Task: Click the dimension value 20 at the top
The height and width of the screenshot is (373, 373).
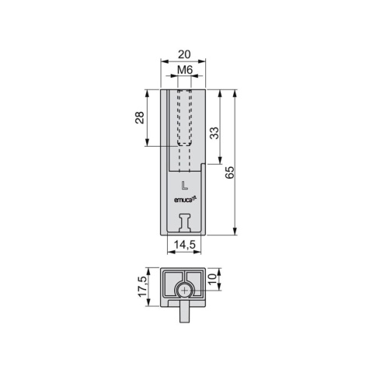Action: coord(184,54)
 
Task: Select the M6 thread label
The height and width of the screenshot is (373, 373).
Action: coord(185,70)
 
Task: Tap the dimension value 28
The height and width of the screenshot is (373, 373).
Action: coord(140,117)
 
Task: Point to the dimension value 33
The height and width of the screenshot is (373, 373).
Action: coord(214,133)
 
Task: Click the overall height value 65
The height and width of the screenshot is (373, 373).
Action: coord(229,173)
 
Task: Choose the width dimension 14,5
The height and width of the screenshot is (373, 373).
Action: coord(184,245)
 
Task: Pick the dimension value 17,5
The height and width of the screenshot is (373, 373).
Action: coord(143,287)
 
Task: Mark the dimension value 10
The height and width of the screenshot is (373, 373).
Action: coord(212,279)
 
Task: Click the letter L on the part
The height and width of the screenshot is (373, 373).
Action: coord(184,186)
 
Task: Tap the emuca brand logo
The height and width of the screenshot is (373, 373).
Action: coord(186,200)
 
